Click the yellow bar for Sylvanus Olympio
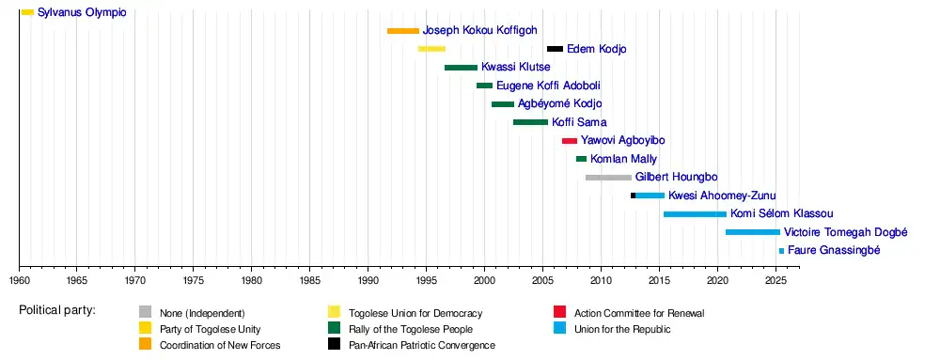click(27, 12)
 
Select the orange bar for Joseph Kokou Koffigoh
click(403, 31)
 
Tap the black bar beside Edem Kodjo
click(556, 49)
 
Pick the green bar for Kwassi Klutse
click(461, 67)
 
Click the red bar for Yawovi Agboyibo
click(570, 141)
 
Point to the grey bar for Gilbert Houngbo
click(608, 178)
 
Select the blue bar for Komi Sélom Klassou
click(695, 214)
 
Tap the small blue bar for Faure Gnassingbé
click(782, 251)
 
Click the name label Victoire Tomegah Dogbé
click(846, 232)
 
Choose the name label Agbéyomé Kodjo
click(560, 103)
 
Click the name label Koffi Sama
click(579, 122)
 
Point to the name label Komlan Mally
click(623, 160)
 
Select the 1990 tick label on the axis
click(368, 279)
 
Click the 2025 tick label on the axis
click(776, 279)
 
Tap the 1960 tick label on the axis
click(19, 279)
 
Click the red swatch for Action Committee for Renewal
click(560, 311)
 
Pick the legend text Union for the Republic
click(622, 329)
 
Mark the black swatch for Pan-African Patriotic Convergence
click(334, 344)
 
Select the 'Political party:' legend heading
click(57, 310)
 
